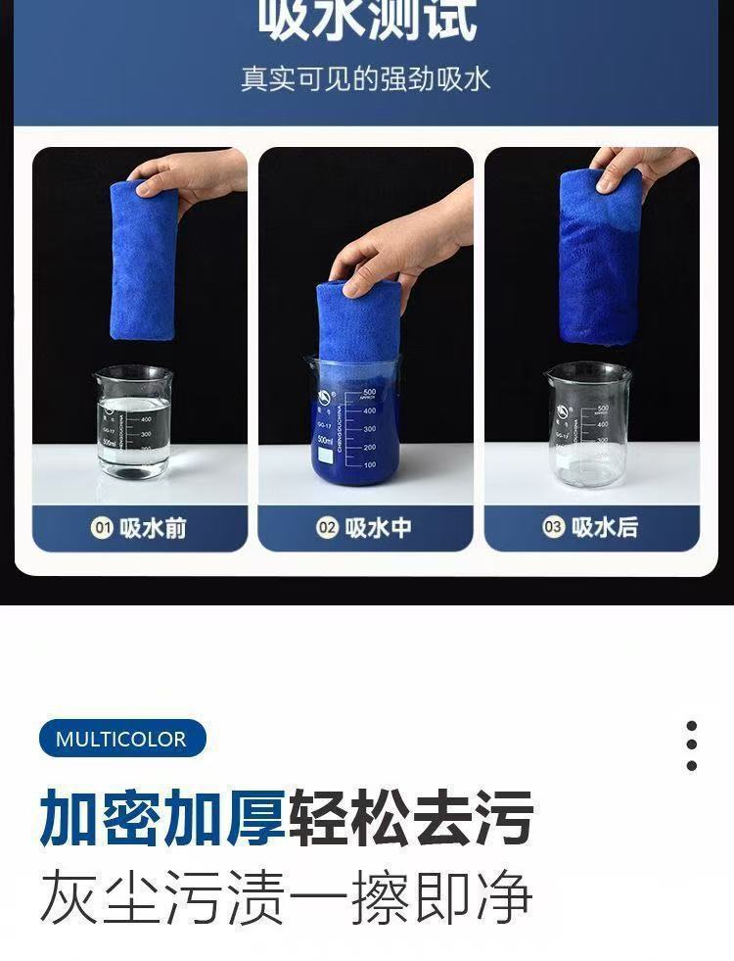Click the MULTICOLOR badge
pos(121,739)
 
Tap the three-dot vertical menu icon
pos(692,746)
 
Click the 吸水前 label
pos(153,529)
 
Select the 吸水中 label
pos(378,529)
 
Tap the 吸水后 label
pos(604,528)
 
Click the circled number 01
pos(102,529)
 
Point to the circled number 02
pos(327,529)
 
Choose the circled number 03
pos(553,528)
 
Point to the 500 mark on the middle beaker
pos(369,393)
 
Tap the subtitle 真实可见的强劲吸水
pos(366,78)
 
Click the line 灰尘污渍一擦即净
pos(286,896)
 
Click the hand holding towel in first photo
pos(201,173)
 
